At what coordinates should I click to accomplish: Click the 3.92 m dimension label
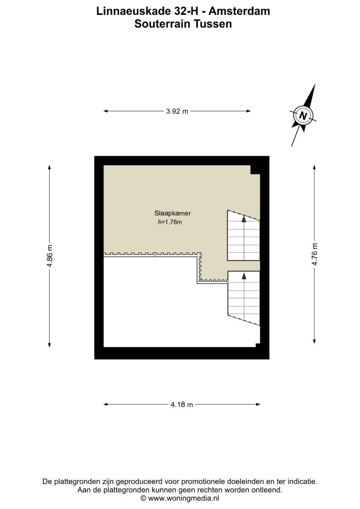point(177,111)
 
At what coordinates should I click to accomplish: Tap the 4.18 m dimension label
point(182,405)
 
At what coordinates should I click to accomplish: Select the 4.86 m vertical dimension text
point(49,256)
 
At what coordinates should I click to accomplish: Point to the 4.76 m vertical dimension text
point(314,254)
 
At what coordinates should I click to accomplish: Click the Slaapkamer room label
point(173,213)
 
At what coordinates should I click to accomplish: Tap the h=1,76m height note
point(170,222)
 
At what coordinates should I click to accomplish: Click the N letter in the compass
point(303,115)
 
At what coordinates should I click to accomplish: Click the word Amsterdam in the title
point(239,11)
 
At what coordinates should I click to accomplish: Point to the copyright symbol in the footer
point(143,498)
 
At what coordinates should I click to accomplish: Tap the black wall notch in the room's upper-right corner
point(255,170)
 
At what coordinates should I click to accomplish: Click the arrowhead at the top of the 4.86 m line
point(49,167)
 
